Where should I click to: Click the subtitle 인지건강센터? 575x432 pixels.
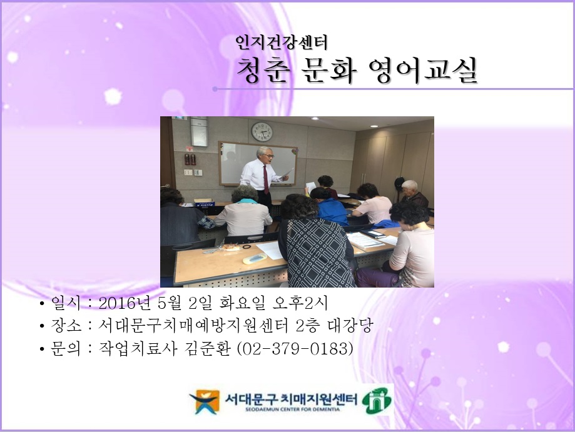281,43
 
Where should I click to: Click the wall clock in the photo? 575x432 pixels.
262,131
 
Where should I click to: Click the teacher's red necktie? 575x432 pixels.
265,178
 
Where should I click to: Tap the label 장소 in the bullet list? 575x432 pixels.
64,326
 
